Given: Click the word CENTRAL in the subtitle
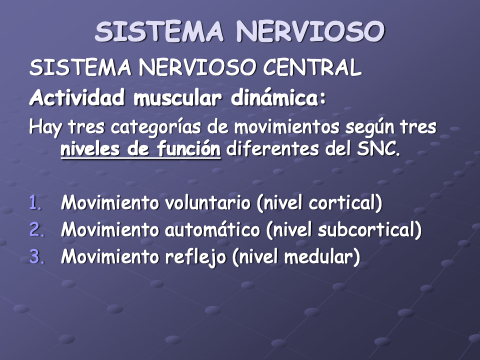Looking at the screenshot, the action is (312, 67).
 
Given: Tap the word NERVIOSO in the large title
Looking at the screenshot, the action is (310, 32).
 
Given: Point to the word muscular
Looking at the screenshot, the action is (177, 98).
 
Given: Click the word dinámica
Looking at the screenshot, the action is (275, 98).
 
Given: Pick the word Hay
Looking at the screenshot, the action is (45, 128).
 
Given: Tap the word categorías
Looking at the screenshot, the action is (156, 128).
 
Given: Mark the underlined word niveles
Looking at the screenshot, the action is (91, 149).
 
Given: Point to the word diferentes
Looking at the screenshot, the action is (272, 149).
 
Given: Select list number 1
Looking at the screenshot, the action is (35, 203).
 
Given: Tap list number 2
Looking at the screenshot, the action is (36, 230).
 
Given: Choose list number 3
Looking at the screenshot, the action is (36, 256).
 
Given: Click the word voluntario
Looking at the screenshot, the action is (207, 203).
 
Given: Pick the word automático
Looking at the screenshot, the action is (212, 230).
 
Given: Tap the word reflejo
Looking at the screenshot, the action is (195, 257).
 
